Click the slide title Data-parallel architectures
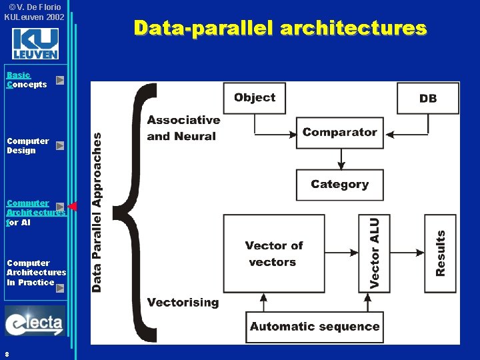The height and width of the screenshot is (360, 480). pos(279,28)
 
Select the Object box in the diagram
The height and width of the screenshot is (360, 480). pos(255,98)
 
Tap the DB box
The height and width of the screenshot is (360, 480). pos(428,98)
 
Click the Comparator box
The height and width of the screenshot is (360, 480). pos(339,133)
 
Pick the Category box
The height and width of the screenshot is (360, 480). pos(339,185)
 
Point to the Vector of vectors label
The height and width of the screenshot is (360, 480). pos(273,254)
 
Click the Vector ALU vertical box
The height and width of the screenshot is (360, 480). pos(375,253)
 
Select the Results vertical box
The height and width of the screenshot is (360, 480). pos(441,253)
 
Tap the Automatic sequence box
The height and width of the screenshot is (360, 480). pos(315,327)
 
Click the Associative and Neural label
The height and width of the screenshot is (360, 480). pos(183,128)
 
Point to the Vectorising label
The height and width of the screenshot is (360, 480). pos(183,303)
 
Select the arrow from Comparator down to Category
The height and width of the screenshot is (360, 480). pos(341,158)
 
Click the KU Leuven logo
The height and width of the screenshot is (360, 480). pos(35,45)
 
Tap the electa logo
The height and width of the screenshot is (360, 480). pos(35,322)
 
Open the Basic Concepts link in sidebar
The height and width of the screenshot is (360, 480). pos(27,80)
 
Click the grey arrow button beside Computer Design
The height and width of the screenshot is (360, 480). pos(60,145)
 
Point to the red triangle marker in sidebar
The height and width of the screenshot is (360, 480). pos(73,207)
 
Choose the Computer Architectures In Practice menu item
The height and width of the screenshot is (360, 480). pos(36,273)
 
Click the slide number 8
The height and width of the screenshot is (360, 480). pos(6,353)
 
